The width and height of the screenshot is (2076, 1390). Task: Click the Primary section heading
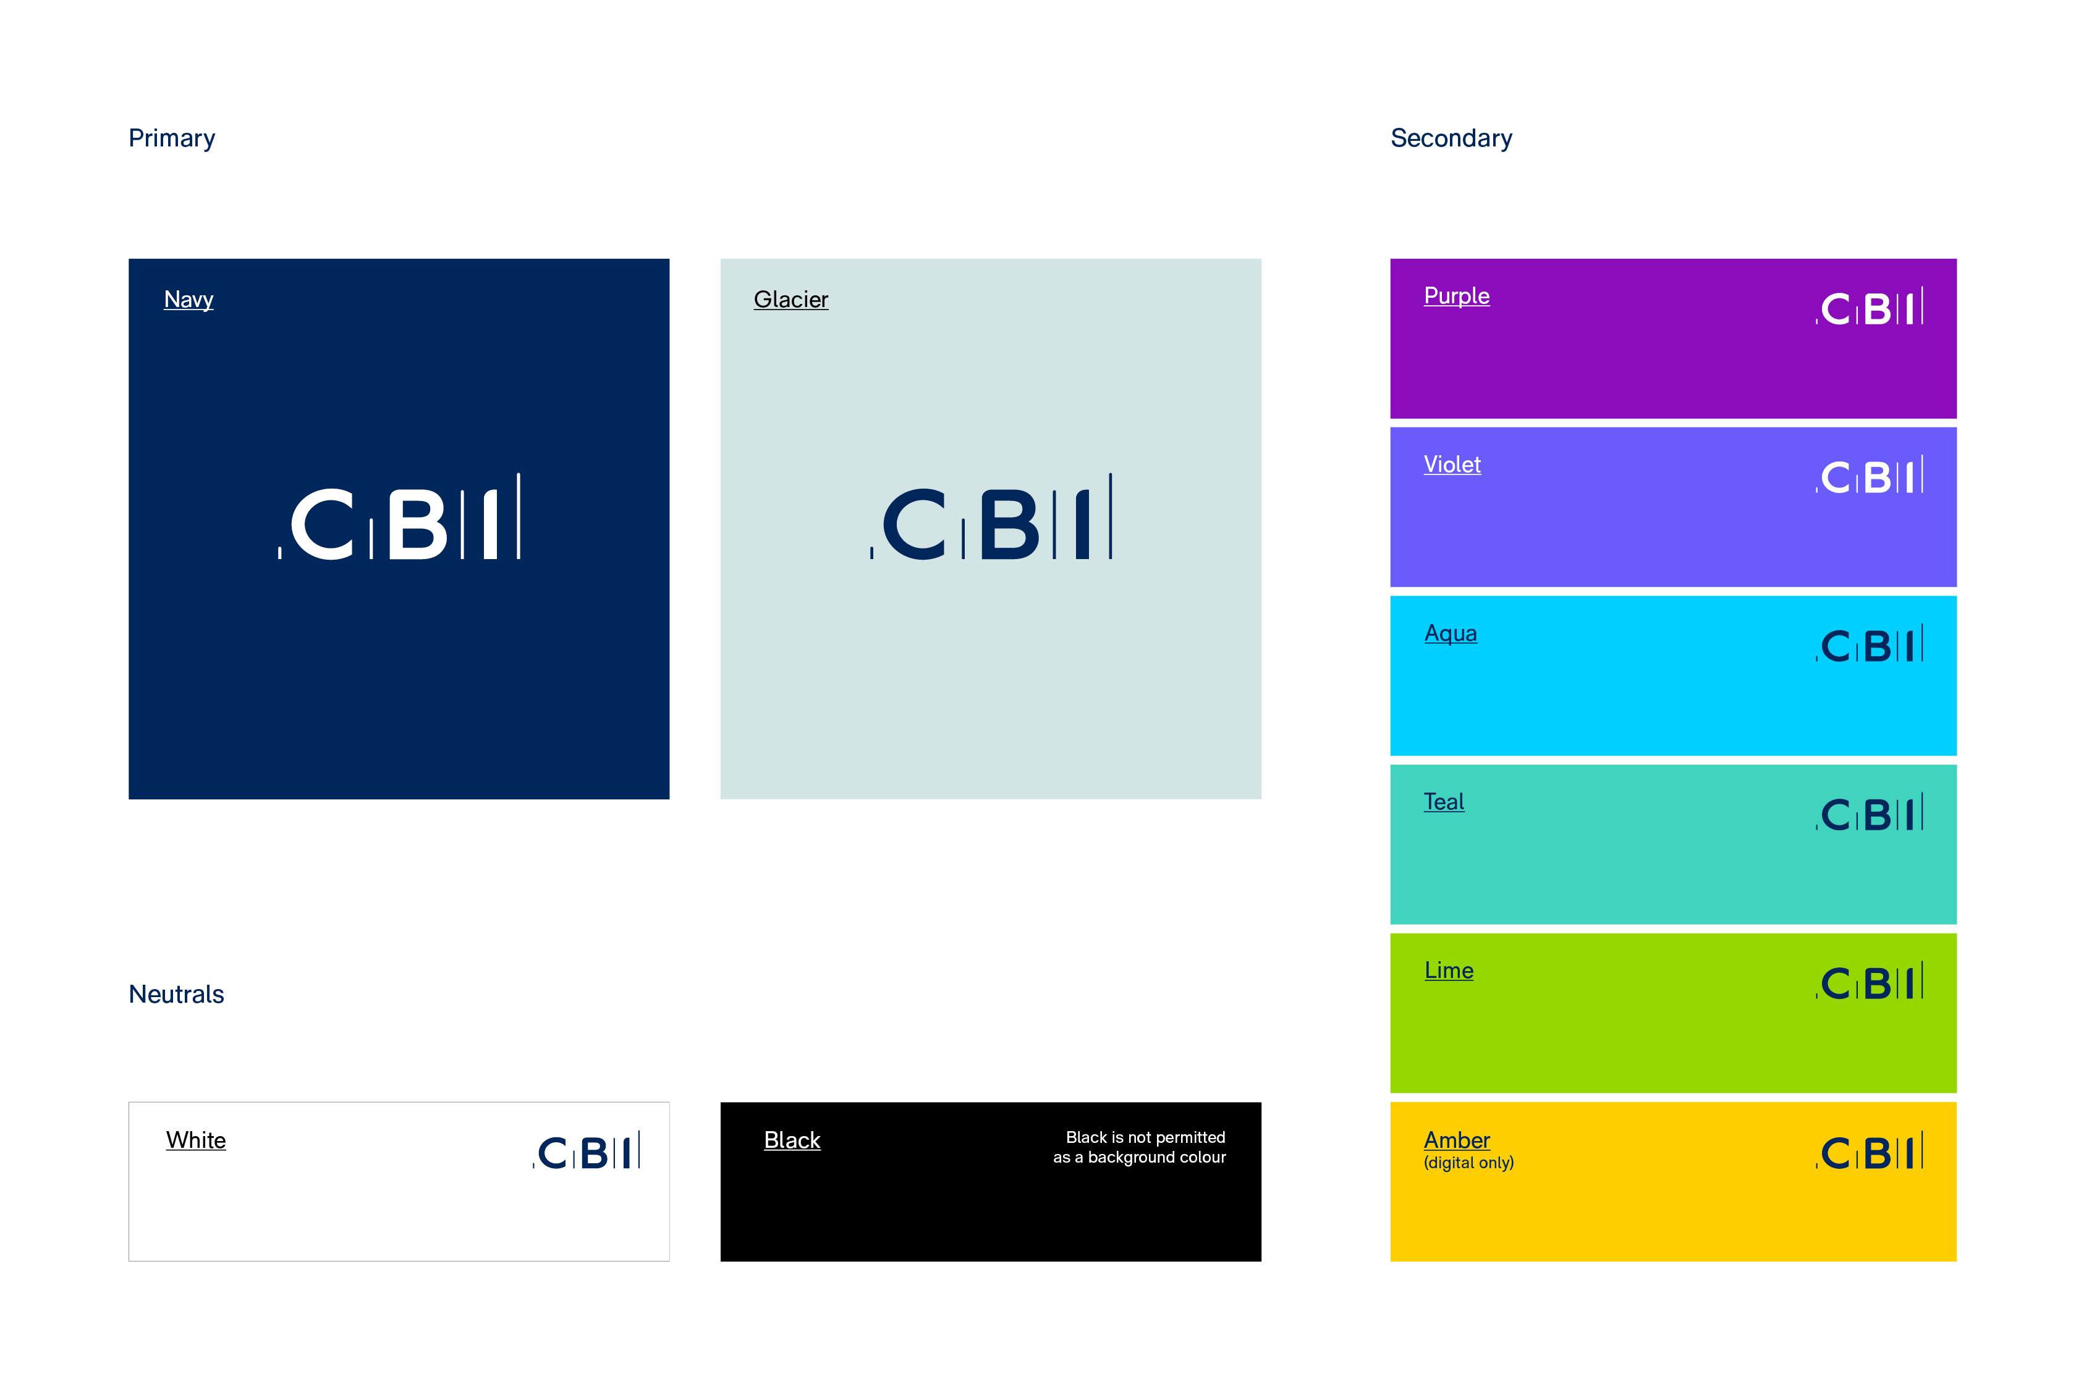pyautogui.click(x=171, y=138)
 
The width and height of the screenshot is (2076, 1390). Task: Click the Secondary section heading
pyautogui.click(x=1451, y=138)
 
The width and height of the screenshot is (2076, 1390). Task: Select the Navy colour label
pyautogui.click(x=188, y=300)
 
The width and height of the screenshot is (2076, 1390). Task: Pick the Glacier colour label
pyautogui.click(x=790, y=300)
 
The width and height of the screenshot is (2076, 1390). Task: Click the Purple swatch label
pyautogui.click(x=1456, y=296)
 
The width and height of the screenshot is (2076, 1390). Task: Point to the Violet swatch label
pyautogui.click(x=1452, y=465)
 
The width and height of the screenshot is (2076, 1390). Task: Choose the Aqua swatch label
pyautogui.click(x=1450, y=633)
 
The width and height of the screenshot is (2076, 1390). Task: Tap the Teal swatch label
pyautogui.click(x=1444, y=801)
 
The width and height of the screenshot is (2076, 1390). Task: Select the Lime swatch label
pyautogui.click(x=1448, y=971)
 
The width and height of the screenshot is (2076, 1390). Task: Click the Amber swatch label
pyautogui.click(x=1456, y=1139)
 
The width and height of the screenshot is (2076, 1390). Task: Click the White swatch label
pyautogui.click(x=195, y=1140)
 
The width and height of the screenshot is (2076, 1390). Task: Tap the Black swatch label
pyautogui.click(x=792, y=1140)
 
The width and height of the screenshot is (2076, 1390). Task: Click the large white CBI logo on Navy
pyautogui.click(x=399, y=518)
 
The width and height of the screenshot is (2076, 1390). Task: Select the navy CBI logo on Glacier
pyautogui.click(x=991, y=518)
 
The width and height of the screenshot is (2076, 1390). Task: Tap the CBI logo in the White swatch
pyautogui.click(x=586, y=1151)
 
